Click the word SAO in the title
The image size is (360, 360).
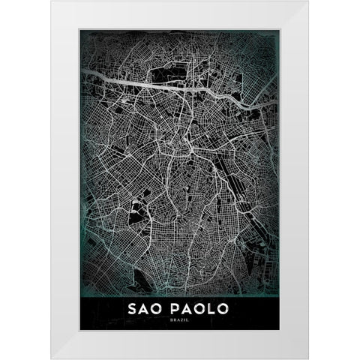147,308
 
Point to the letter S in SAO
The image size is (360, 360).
133,308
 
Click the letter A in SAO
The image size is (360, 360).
146,308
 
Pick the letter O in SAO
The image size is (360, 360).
160,308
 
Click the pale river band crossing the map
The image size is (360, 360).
150,84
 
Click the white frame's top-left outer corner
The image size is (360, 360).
52,1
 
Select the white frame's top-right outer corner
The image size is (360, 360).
308,1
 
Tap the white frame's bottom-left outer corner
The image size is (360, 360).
52,358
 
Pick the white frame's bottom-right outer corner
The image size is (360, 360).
308,358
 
